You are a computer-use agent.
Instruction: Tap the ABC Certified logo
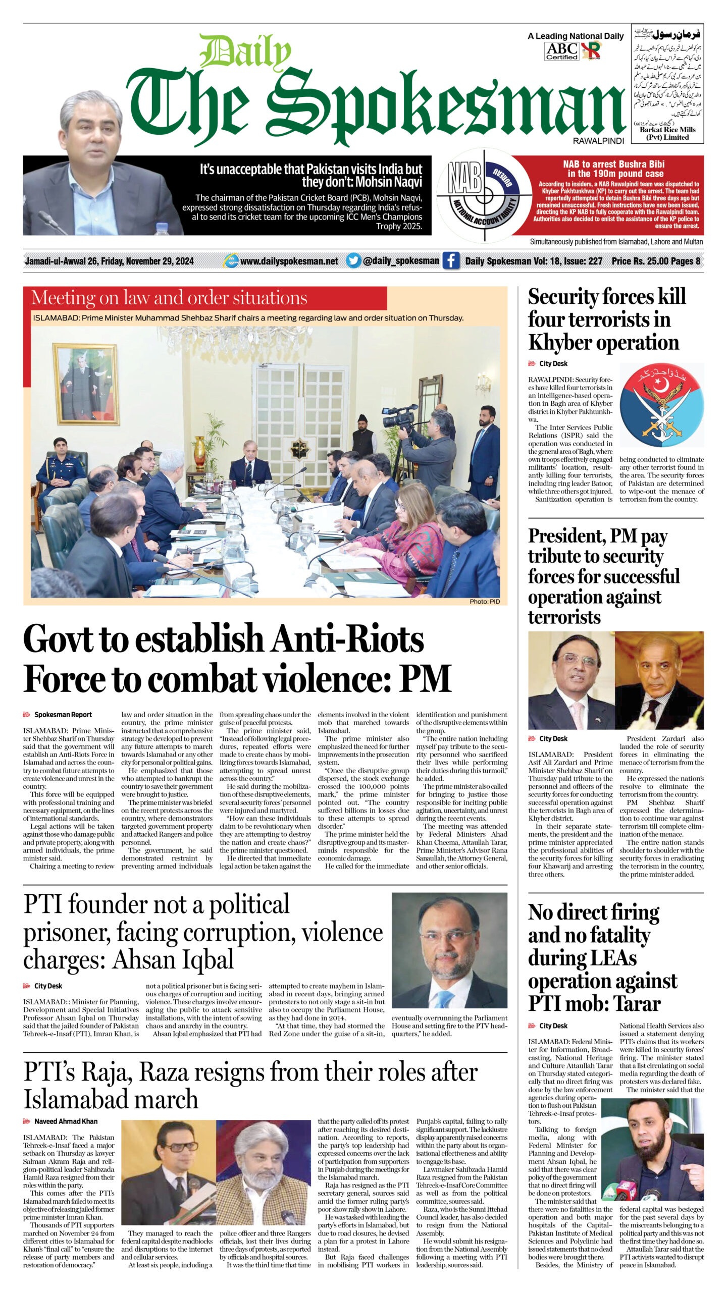[x=561, y=51]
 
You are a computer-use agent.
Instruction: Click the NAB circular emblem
[x=484, y=195]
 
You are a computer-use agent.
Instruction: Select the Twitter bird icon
[x=353, y=260]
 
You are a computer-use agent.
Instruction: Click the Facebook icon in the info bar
[x=451, y=260]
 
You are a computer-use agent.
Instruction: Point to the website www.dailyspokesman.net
[x=289, y=261]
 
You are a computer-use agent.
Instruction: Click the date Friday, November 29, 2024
[x=147, y=261]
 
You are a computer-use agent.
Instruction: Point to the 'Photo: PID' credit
[x=485, y=601]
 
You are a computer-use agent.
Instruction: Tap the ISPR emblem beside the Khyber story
[x=661, y=405]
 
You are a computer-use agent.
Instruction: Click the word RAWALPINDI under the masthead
[x=598, y=141]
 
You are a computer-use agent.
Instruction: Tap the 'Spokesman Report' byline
[x=63, y=715]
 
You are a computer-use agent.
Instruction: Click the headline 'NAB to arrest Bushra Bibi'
[x=613, y=169]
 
